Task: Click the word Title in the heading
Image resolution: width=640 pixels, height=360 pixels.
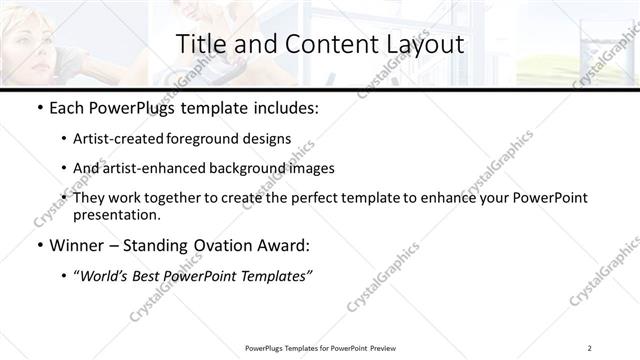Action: (200, 44)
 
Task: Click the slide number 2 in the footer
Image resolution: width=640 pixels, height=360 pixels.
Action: (590, 348)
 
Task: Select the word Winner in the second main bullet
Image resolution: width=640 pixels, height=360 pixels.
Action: (78, 245)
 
